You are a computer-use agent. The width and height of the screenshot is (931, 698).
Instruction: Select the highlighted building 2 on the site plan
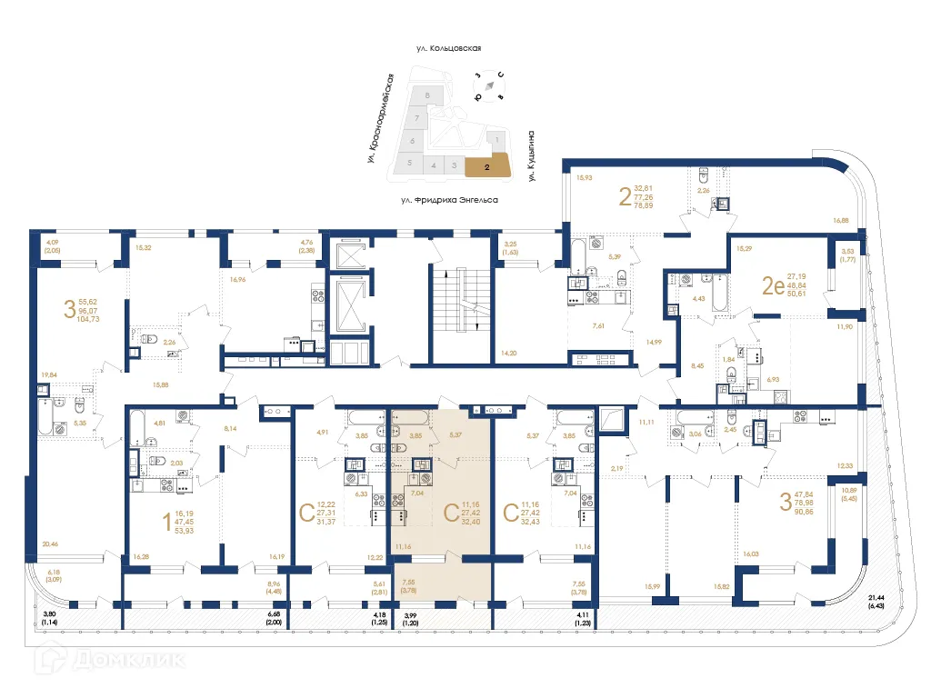click(488, 166)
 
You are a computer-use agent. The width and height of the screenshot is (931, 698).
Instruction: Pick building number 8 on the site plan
click(426, 95)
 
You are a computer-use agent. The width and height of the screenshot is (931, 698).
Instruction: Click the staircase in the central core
click(461, 300)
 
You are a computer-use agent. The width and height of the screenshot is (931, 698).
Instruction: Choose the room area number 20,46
click(49, 544)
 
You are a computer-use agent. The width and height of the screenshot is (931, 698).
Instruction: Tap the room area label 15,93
click(585, 177)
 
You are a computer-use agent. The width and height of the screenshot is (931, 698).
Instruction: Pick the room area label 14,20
click(509, 353)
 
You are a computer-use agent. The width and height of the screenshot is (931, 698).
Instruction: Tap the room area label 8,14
click(229, 428)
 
